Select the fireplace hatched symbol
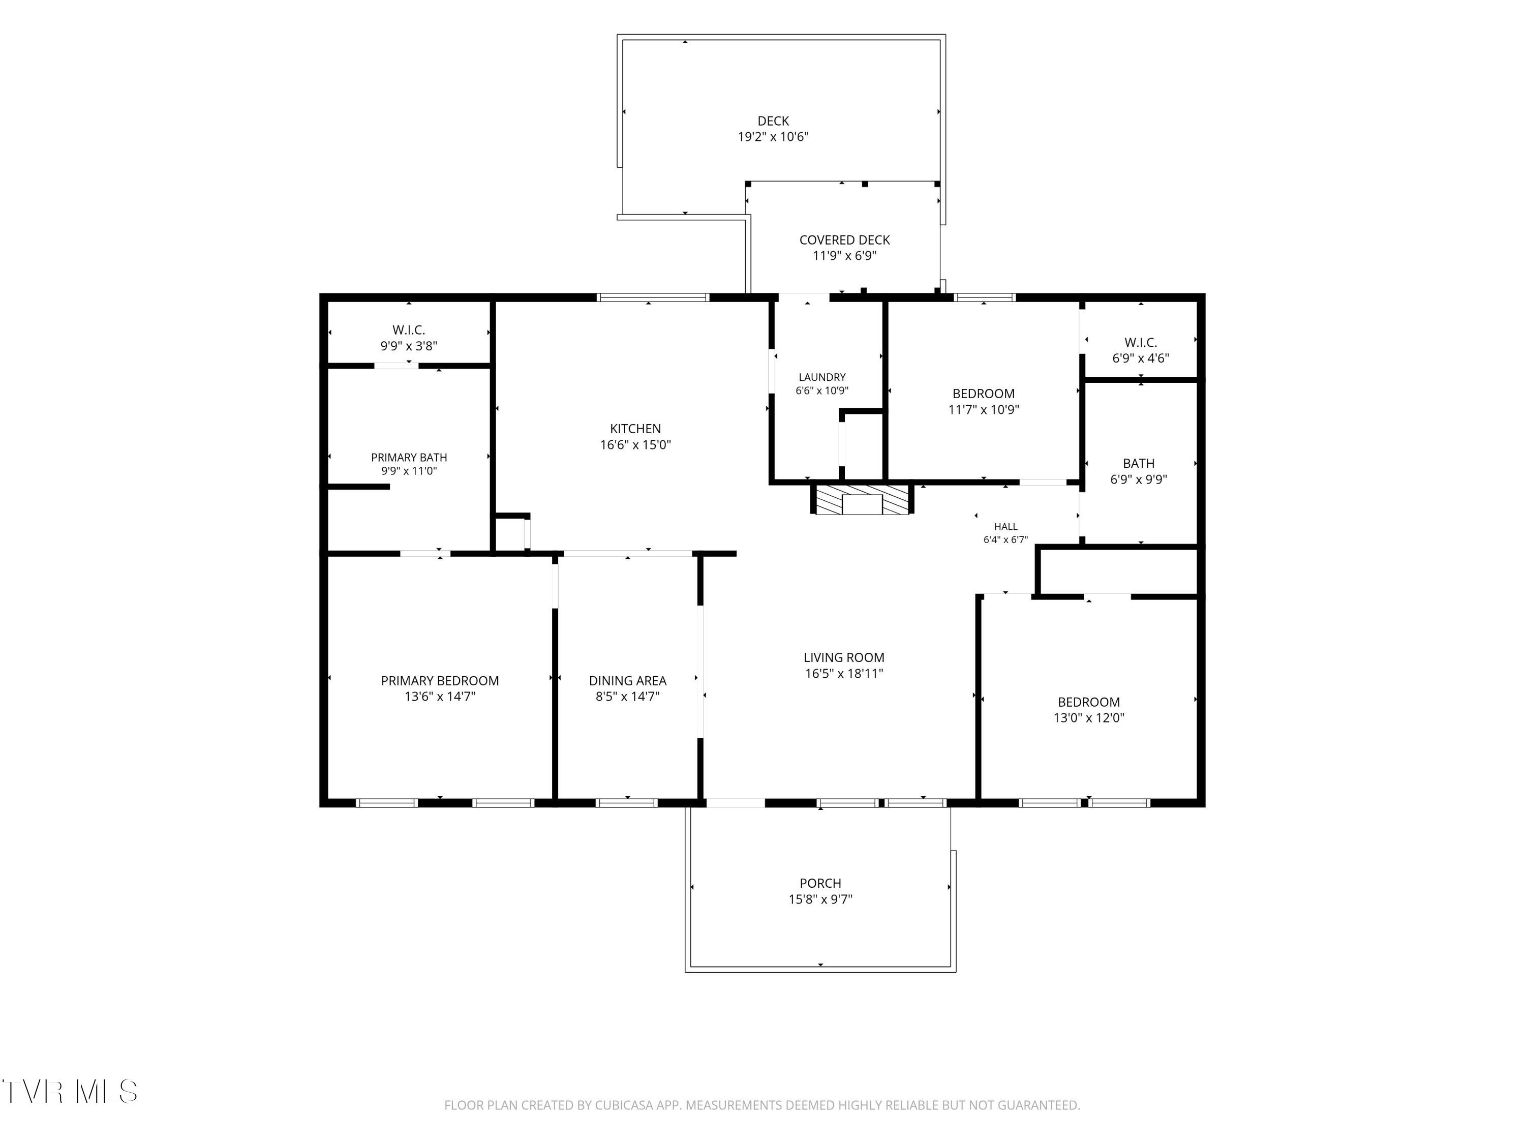pyautogui.click(x=862, y=499)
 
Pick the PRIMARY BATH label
pyautogui.click(x=409, y=457)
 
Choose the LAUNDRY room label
pyautogui.click(x=822, y=377)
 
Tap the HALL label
pyautogui.click(x=1006, y=527)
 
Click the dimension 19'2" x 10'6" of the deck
pyautogui.click(x=773, y=137)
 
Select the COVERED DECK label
pyautogui.click(x=844, y=240)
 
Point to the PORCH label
pyautogui.click(x=820, y=883)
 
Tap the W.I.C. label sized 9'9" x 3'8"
pyautogui.click(x=409, y=330)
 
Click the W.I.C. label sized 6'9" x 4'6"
pyautogui.click(x=1140, y=343)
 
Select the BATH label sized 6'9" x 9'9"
pyautogui.click(x=1138, y=463)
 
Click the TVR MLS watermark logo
pyautogui.click(x=69, y=1091)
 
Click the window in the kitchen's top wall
pyautogui.click(x=653, y=297)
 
